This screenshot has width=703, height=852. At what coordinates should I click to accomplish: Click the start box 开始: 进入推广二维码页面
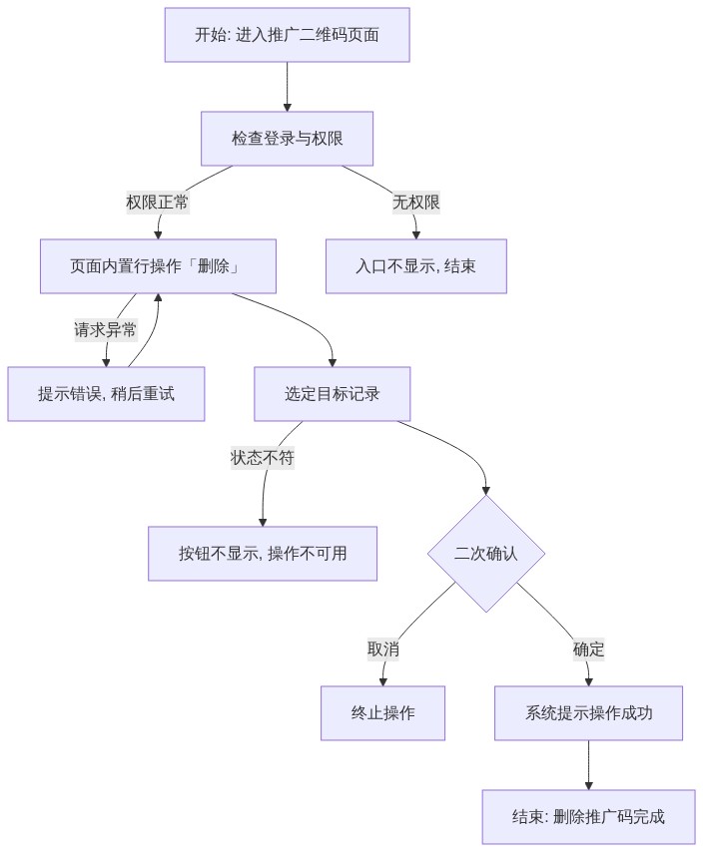(287, 35)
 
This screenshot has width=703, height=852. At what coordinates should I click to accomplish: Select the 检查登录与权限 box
(287, 139)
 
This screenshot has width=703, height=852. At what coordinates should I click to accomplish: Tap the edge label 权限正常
(158, 203)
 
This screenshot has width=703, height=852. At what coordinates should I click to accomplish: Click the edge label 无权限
(416, 203)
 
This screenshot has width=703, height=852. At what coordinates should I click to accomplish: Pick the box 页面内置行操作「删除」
(158, 266)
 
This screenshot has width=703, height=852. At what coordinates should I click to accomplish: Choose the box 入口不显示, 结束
(416, 266)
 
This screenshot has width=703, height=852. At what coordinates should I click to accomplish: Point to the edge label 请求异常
(106, 330)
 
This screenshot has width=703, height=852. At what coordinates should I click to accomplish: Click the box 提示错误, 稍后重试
(106, 394)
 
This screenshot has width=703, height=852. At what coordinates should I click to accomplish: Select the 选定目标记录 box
(333, 394)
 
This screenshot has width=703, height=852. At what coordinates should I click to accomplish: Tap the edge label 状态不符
(263, 458)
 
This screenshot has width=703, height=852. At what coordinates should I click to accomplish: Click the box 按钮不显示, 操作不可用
(263, 554)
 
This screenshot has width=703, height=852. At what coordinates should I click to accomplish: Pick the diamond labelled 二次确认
(486, 554)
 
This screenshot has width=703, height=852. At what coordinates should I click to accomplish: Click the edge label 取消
(383, 649)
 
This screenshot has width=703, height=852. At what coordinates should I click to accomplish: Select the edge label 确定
(588, 649)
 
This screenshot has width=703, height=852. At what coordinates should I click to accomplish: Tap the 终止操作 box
(382, 713)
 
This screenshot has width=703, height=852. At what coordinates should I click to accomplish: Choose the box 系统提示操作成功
(588, 713)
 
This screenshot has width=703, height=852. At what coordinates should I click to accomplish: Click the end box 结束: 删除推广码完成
(588, 817)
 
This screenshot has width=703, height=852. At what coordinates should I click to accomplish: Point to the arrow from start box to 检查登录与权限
(287, 87)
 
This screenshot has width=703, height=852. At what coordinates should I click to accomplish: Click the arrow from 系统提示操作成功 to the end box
(588, 765)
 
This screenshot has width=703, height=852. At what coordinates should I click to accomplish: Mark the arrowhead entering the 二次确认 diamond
(486, 491)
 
